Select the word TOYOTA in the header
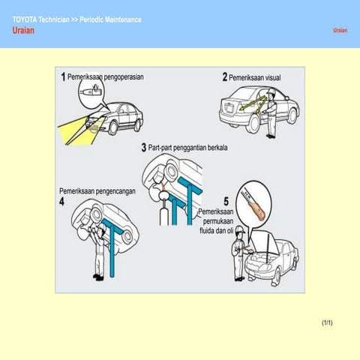(x=28, y=19)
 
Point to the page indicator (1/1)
(x=326, y=322)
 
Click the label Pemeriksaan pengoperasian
(x=106, y=76)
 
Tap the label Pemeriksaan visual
(x=254, y=77)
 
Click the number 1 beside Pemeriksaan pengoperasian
(x=63, y=76)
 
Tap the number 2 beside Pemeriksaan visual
(x=224, y=77)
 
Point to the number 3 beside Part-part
(x=143, y=148)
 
